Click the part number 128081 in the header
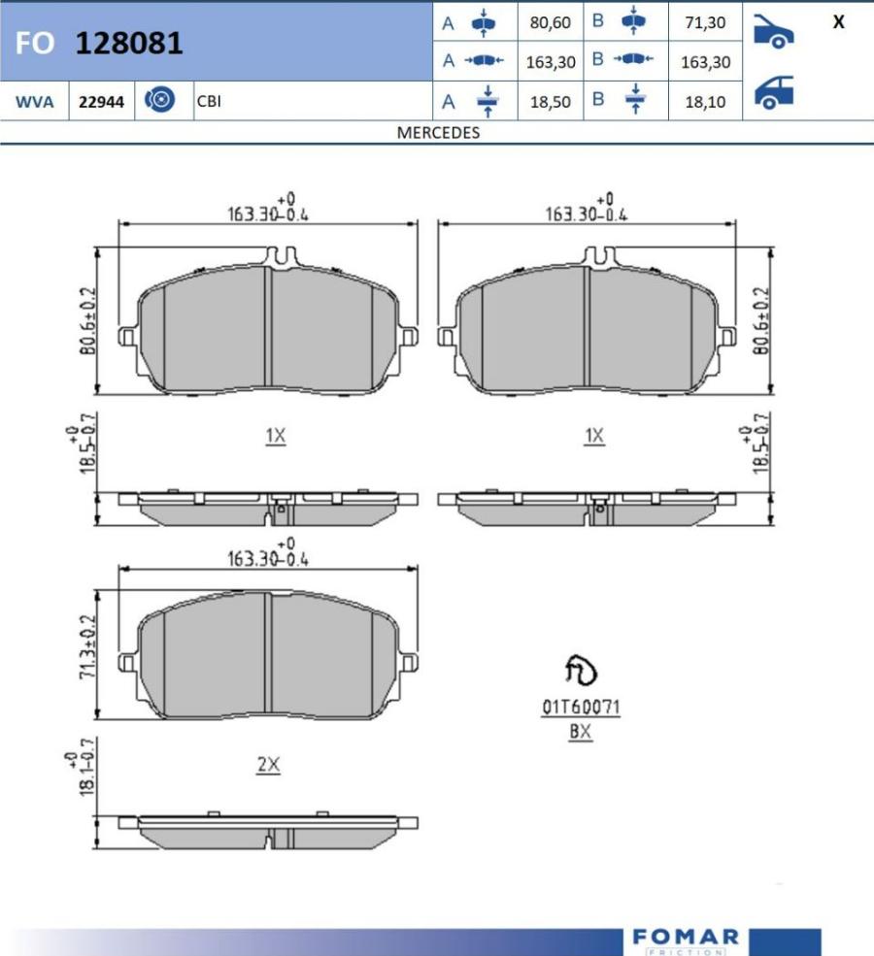click(x=129, y=44)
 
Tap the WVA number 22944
click(x=101, y=101)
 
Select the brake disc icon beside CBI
click(x=160, y=99)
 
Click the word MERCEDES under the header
click(x=438, y=132)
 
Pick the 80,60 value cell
click(x=551, y=22)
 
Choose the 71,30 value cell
click(x=705, y=22)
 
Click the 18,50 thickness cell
click(x=551, y=102)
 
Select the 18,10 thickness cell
click(x=705, y=102)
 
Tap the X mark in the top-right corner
click(x=839, y=22)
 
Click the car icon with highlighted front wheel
click(x=773, y=32)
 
